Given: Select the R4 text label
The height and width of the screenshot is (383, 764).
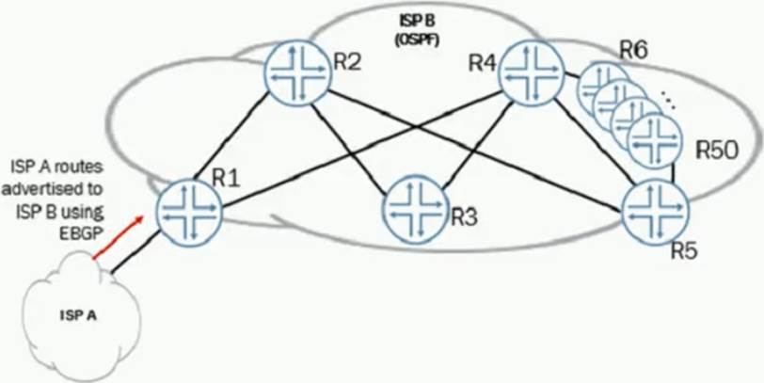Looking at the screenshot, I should click(x=483, y=64).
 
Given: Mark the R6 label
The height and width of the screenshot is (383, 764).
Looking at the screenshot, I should click(x=632, y=50).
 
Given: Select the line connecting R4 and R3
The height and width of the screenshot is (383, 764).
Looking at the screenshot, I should click(x=472, y=136).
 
